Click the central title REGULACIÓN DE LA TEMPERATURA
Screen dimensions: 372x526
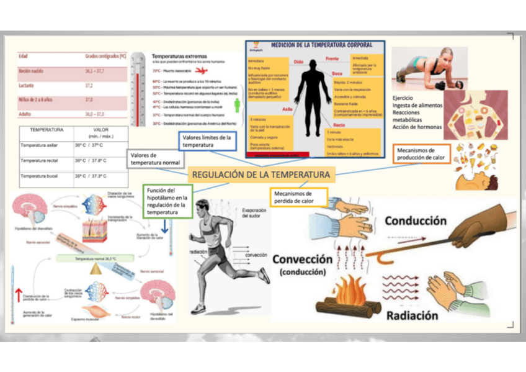[x=260, y=175]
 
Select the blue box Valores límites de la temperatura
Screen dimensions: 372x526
[x=207, y=142]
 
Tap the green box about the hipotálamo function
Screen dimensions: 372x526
[x=168, y=201]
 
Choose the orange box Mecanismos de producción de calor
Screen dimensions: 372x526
[x=422, y=154]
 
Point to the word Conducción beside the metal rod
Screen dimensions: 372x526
[x=416, y=220]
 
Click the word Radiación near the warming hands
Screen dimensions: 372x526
[x=412, y=315]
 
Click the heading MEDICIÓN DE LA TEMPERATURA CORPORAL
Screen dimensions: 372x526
[x=322, y=45]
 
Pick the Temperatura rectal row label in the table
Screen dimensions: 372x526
[x=39, y=161]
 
